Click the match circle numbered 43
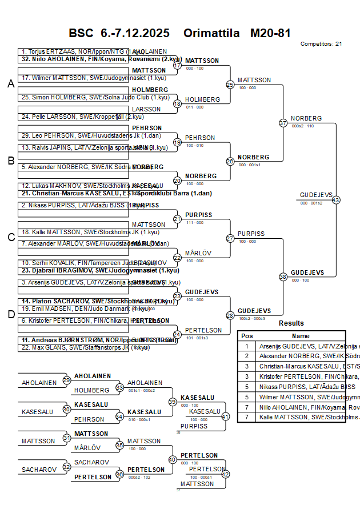click(336, 200)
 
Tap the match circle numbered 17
click(177, 66)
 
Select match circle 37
click(283, 123)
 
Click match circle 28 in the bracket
click(230, 315)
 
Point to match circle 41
click(225, 417)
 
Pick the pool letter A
click(10, 84)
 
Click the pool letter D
click(10, 314)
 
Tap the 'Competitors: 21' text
click(321, 43)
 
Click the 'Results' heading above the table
click(291, 323)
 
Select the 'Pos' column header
click(247, 336)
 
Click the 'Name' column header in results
click(301, 336)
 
